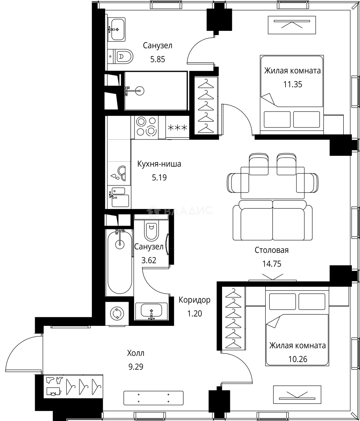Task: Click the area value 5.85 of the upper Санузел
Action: click(157, 59)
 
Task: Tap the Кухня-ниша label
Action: click(159, 164)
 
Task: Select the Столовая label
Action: click(272, 250)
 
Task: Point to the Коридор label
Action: click(194, 300)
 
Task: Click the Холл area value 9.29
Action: click(136, 367)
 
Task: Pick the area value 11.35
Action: click(293, 84)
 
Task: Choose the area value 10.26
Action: click(298, 359)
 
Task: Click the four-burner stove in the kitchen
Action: click(146, 127)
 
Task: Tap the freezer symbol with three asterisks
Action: click(177, 127)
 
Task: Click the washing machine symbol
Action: click(117, 313)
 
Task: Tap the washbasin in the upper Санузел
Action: click(117, 30)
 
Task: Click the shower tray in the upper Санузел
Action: click(155, 91)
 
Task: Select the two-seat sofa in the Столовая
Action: click(272, 220)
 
